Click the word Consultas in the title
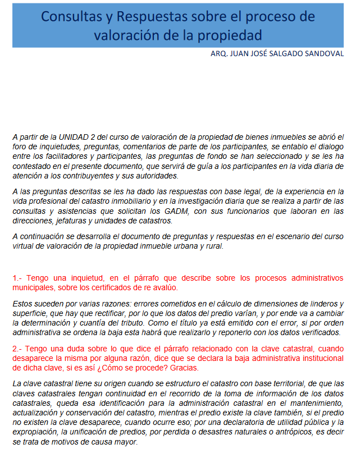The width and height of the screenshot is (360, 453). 69,16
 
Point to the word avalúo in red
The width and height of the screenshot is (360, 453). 162,287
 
